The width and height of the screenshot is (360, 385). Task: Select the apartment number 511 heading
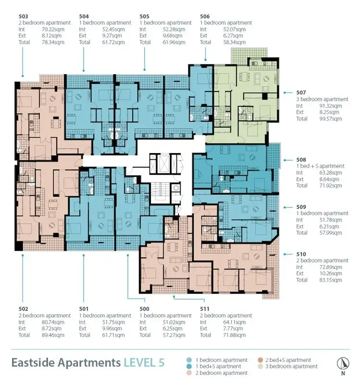click(x=205, y=308)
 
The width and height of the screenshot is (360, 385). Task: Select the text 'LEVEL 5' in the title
click(x=144, y=362)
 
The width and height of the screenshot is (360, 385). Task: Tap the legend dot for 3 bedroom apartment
click(x=261, y=367)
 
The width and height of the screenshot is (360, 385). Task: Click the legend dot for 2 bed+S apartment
click(x=261, y=360)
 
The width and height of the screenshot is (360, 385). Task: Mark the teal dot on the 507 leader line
click(x=286, y=92)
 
